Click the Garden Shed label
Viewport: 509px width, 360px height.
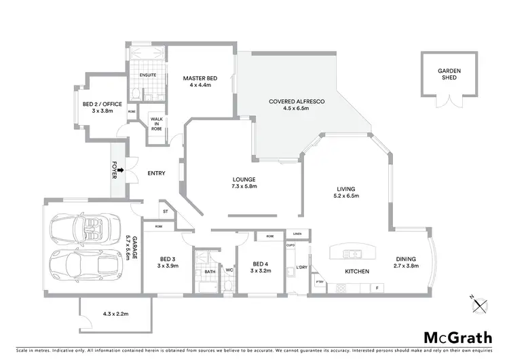(447, 74)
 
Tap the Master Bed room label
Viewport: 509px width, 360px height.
(201, 82)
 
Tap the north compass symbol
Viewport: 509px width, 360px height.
(482, 305)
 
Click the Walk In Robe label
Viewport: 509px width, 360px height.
(157, 123)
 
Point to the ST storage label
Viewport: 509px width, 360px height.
(165, 212)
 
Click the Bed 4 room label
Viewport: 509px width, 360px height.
(261, 268)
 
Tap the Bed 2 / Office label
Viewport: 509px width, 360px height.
(102, 107)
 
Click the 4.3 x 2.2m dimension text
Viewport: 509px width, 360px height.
(115, 314)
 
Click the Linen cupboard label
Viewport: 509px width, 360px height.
(297, 234)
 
